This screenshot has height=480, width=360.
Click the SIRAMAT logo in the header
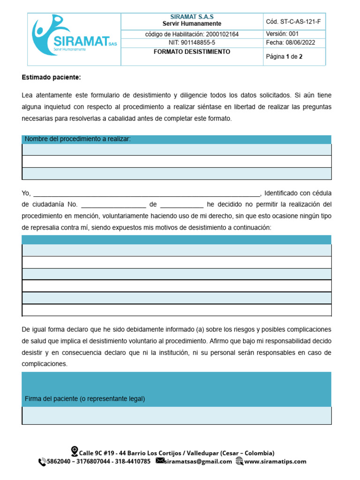(74, 38)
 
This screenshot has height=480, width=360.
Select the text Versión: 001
(282, 34)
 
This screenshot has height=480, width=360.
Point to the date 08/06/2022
(300, 43)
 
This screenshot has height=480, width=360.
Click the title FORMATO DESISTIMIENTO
(192, 52)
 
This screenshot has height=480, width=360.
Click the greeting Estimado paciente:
(51, 77)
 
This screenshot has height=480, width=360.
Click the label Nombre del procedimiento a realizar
(78, 139)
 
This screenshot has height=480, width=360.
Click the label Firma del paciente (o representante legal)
(85, 399)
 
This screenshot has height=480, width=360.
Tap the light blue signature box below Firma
(176, 415)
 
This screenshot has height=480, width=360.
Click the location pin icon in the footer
(74, 451)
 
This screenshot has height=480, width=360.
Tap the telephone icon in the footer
(42, 462)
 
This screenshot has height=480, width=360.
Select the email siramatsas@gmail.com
(199, 462)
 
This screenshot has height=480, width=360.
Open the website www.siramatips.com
(275, 462)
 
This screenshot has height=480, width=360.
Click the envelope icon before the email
(160, 461)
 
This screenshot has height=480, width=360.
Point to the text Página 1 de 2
(284, 57)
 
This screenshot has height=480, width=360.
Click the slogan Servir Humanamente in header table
(192, 24)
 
